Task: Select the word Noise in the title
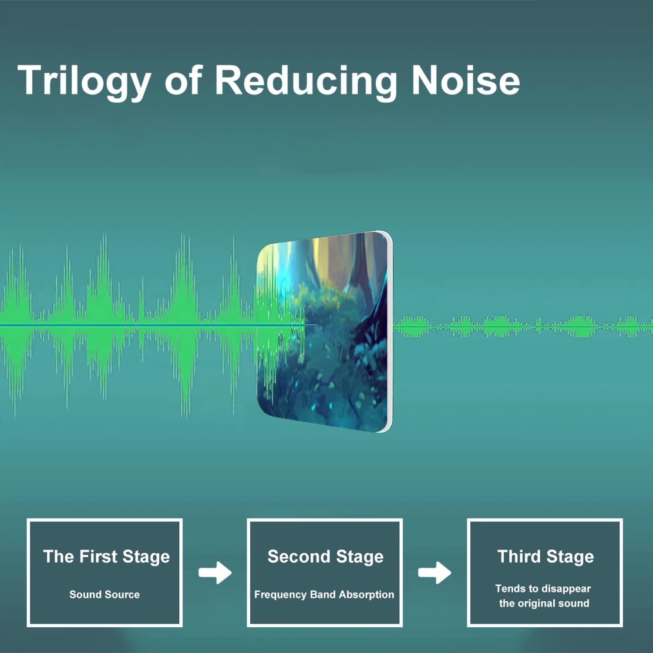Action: tap(466, 80)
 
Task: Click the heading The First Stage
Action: tap(106, 557)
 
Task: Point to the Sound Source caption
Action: tap(104, 594)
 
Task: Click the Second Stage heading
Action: tap(325, 557)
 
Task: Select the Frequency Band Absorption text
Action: tap(324, 595)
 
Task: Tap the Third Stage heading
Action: tap(545, 557)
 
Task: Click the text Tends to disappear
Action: tap(543, 589)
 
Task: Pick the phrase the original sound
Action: tap(544, 603)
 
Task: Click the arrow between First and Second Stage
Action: tap(215, 572)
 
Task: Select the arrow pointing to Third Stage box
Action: tap(434, 572)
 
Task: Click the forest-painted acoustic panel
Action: tap(324, 332)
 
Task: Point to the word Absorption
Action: tap(366, 595)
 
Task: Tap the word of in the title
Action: tap(183, 80)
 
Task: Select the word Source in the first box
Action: tap(124, 594)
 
